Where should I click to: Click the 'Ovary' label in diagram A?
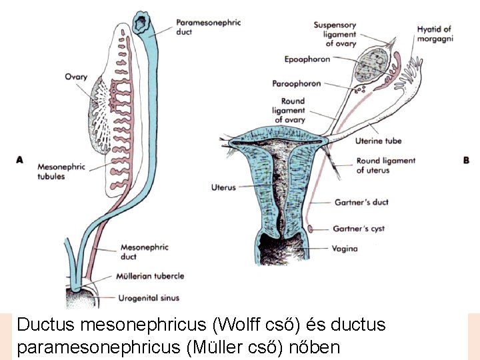pyautogui.click(x=76, y=77)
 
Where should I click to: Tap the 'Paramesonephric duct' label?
pyautogui.click(x=207, y=26)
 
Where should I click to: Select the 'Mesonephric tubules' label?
pyautogui.click(x=61, y=171)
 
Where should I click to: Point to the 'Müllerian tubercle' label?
pyautogui.click(x=151, y=276)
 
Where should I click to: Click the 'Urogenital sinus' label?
pyautogui.click(x=149, y=298)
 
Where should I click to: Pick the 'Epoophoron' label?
pyautogui.click(x=307, y=59)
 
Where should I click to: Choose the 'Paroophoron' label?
pyautogui.click(x=297, y=83)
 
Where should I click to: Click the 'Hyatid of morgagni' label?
pyautogui.click(x=434, y=33)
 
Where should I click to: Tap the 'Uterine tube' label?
pyautogui.click(x=379, y=141)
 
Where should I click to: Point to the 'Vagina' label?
pyautogui.click(x=344, y=249)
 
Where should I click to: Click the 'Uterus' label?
pyautogui.click(x=223, y=188)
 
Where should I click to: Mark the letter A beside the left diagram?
pyautogui.click(x=19, y=160)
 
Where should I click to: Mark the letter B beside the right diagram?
pyautogui.click(x=466, y=160)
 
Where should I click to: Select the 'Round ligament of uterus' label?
pyautogui.click(x=385, y=165)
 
